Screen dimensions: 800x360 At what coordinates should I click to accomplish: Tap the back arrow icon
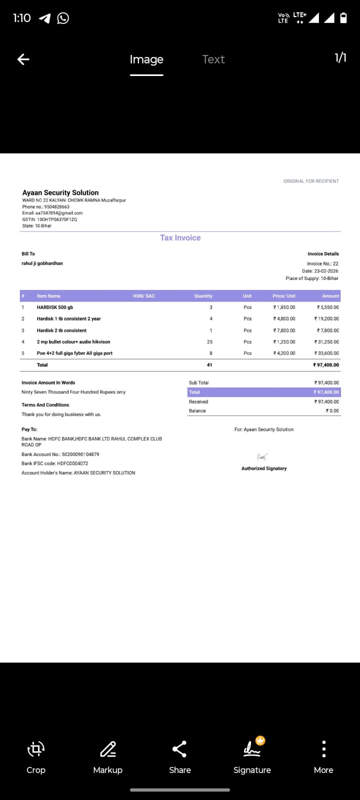23,59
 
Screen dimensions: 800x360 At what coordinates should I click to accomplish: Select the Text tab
213,59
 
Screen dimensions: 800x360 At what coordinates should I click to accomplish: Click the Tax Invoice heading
180,238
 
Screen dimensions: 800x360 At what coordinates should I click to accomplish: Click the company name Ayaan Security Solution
60,192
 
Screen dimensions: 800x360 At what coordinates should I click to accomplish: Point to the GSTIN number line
49,219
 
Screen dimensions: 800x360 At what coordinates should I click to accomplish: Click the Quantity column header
203,296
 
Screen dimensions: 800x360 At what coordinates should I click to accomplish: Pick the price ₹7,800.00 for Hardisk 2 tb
284,330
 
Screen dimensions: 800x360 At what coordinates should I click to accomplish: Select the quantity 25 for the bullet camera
209,342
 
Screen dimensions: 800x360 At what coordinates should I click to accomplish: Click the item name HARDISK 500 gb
55,307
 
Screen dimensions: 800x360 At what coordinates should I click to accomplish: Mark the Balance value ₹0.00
332,411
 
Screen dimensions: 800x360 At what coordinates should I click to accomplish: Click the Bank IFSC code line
55,463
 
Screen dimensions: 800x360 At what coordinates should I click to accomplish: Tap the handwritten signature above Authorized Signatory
262,456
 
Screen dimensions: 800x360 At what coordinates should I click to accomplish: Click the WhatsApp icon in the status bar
63,18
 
